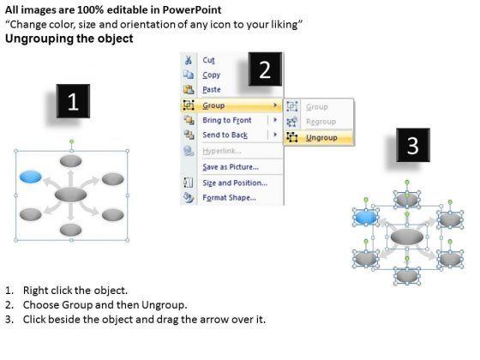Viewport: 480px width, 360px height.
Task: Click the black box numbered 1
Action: (x=73, y=101)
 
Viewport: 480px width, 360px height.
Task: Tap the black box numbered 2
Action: (x=265, y=69)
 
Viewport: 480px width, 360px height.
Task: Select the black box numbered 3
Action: (x=413, y=145)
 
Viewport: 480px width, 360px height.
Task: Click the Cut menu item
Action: (x=208, y=60)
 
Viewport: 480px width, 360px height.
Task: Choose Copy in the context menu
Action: (x=211, y=75)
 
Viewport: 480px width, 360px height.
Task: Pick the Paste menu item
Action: (x=212, y=89)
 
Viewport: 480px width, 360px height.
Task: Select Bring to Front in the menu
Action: (x=227, y=120)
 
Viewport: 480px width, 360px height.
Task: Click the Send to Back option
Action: (x=225, y=135)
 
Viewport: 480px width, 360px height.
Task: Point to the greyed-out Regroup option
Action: (x=321, y=122)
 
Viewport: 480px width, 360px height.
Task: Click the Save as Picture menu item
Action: (x=231, y=167)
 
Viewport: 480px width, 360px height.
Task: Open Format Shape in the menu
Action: (x=229, y=197)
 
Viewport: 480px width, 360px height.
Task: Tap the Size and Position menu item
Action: (x=235, y=183)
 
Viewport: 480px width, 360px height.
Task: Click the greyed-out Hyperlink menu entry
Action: (x=222, y=151)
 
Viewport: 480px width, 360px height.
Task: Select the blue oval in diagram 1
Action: (x=31, y=177)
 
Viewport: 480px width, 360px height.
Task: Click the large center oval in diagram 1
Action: (x=70, y=195)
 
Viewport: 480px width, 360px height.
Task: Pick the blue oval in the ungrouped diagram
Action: (x=365, y=218)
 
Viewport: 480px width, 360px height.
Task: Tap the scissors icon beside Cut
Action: (x=189, y=60)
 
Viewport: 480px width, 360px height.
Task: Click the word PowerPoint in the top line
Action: (x=192, y=9)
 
